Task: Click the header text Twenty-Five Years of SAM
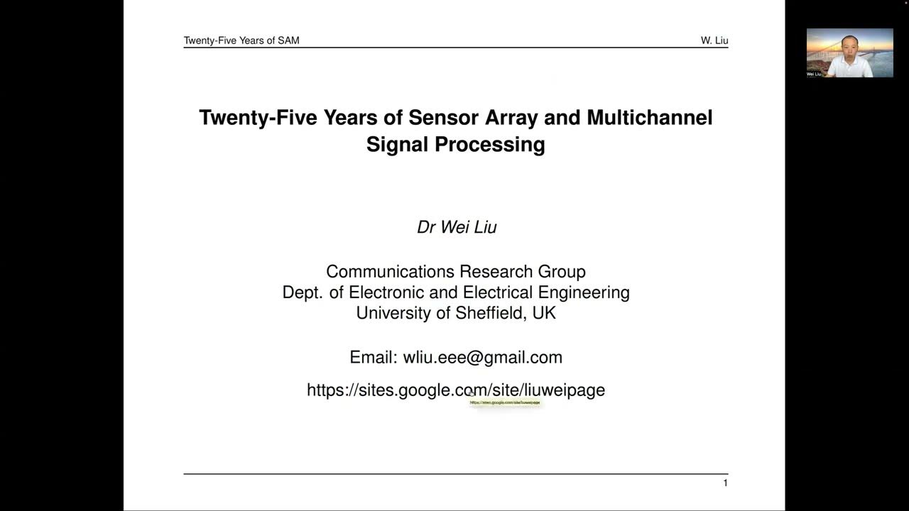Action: click(241, 40)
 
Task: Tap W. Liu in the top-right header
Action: click(714, 40)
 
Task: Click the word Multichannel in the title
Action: click(649, 117)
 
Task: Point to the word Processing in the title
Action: click(489, 144)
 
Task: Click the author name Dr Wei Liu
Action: click(457, 227)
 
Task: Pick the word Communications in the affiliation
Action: click(390, 272)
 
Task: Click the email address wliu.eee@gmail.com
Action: click(482, 357)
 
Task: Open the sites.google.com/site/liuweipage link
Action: click(456, 390)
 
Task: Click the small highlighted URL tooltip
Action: click(505, 402)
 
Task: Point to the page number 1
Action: click(725, 483)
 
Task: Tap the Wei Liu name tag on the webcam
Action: click(814, 74)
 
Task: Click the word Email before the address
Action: click(373, 357)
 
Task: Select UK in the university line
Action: click(544, 313)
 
